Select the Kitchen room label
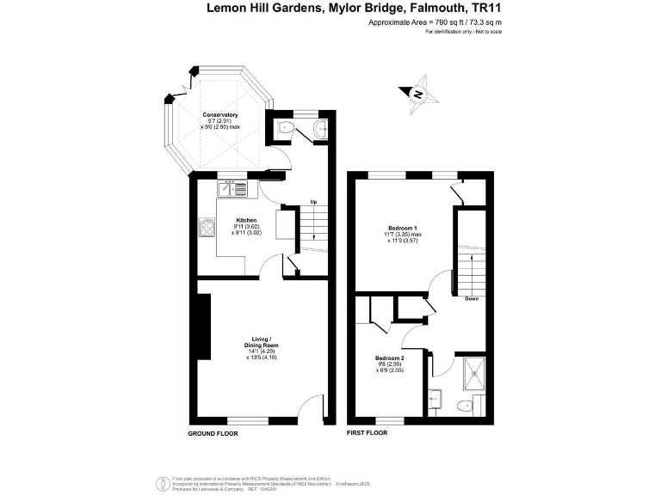point(246,220)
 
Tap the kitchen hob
point(207,228)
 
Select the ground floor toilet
point(286,129)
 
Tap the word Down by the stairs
point(472,299)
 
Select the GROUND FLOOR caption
point(213,433)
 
